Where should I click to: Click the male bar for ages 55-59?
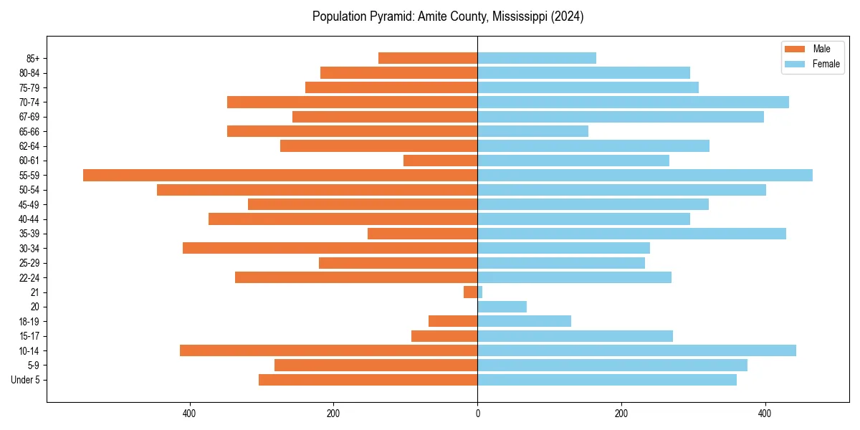pos(279,175)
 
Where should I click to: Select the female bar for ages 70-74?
pos(633,102)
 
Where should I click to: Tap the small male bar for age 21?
pos(470,292)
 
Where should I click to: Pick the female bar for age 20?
pos(502,307)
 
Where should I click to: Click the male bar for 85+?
pos(428,58)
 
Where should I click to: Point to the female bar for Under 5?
pos(606,379)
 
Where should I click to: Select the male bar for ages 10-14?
pos(328,350)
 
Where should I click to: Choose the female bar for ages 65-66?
pos(532,131)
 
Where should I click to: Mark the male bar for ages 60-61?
pos(440,161)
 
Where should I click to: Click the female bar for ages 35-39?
pos(631,234)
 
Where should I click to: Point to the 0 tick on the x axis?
pos(477,414)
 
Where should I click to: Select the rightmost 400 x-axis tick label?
pos(765,414)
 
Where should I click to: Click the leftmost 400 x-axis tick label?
pos(189,414)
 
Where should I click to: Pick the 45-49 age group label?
pos(29,204)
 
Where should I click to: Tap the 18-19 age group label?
pos(29,321)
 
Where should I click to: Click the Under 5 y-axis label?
pos(25,379)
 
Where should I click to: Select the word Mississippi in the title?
pos(521,16)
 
